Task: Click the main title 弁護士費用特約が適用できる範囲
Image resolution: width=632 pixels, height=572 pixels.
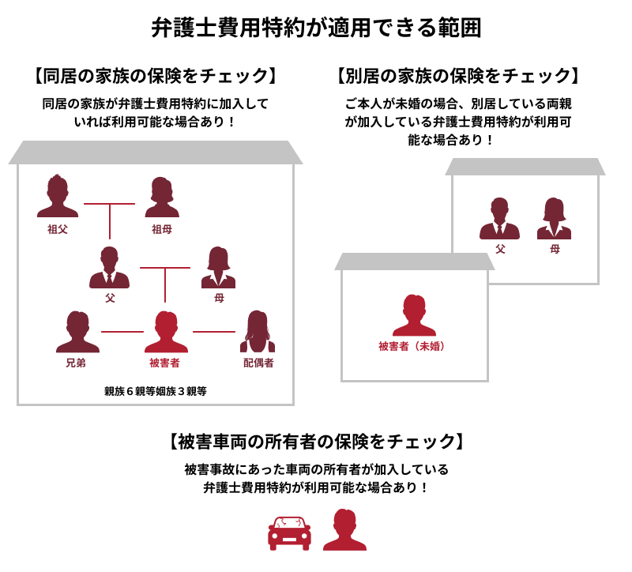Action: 316,28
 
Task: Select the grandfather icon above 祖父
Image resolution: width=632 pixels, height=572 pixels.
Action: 58,196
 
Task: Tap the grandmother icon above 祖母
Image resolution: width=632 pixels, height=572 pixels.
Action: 162,197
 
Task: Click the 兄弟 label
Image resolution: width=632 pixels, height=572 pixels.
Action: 76,363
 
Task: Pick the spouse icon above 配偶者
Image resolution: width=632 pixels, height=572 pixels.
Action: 258,331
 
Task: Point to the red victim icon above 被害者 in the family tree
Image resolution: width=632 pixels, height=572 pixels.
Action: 166,332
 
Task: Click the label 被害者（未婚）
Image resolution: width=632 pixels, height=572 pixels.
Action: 412,346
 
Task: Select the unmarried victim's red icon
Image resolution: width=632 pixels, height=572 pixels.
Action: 414,315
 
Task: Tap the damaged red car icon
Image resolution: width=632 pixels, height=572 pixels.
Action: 289,533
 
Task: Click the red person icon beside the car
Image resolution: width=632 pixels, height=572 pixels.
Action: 345,529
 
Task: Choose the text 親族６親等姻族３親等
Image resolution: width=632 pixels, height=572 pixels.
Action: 156,391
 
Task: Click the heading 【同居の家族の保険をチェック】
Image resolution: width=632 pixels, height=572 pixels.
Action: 156,76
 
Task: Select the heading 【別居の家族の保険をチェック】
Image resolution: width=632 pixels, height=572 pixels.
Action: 458,76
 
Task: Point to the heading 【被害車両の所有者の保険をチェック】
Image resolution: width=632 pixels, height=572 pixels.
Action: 316,442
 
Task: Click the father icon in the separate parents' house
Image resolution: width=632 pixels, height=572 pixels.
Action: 499,219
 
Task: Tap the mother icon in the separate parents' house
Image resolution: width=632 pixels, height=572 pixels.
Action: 555,219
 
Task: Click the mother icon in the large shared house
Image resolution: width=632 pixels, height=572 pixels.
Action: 219,267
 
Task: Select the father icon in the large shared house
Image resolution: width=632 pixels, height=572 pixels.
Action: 109,267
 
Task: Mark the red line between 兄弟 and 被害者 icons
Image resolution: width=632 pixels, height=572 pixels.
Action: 122,332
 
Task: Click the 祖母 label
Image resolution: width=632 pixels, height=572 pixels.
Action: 162,229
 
